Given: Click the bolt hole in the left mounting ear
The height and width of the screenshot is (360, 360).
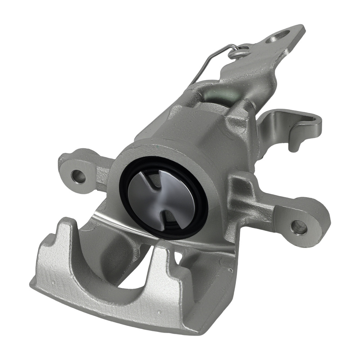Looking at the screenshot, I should coord(78,176).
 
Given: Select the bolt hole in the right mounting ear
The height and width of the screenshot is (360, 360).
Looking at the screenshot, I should coord(298,227).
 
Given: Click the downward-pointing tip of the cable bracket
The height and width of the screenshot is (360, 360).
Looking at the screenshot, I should coord(294,148).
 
